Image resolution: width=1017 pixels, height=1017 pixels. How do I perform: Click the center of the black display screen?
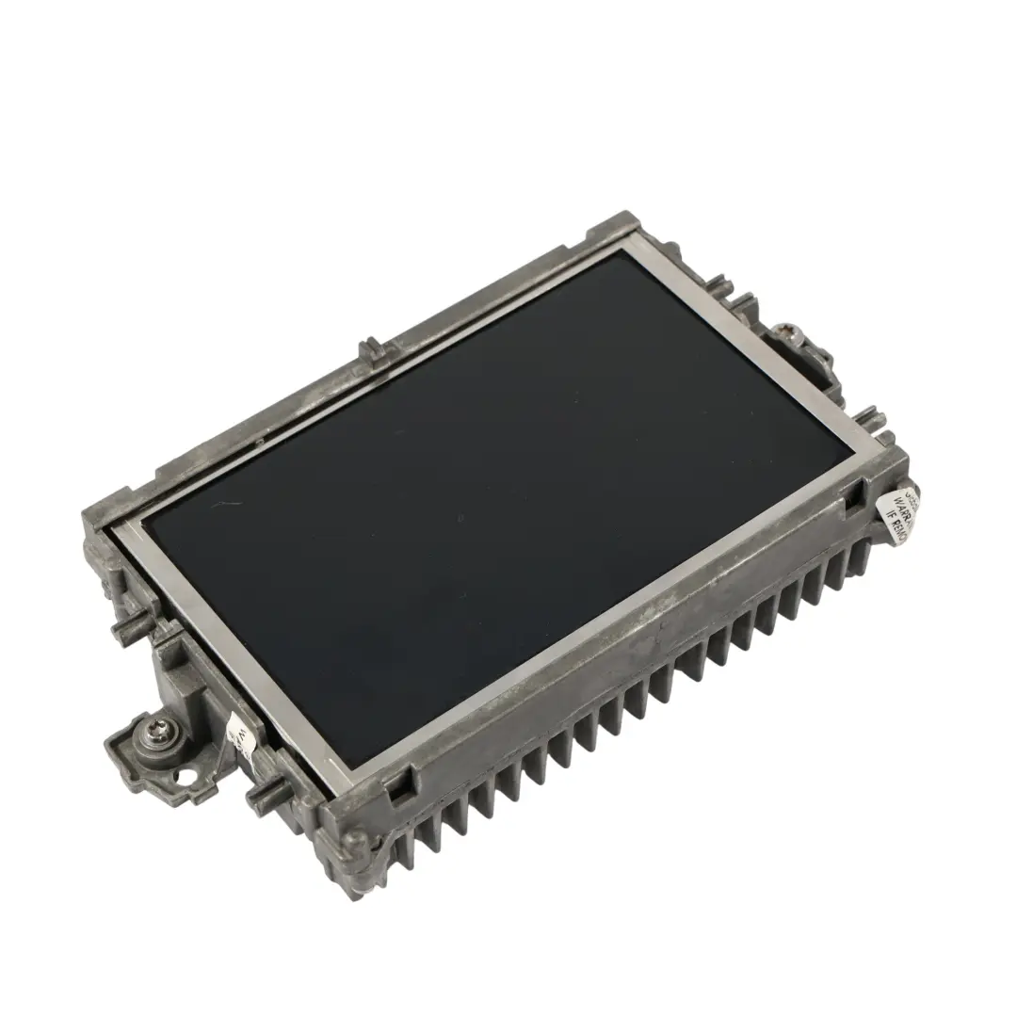point(490,508)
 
